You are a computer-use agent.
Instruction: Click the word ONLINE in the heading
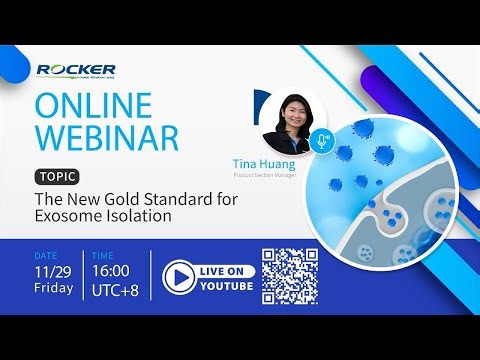[92, 104]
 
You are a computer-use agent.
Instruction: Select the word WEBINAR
[106, 138]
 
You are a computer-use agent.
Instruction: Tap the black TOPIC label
[54, 175]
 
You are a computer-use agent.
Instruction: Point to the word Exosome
[66, 216]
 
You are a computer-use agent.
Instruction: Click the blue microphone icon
[321, 140]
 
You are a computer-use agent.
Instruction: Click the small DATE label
[44, 255]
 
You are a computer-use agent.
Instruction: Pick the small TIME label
[103, 255]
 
